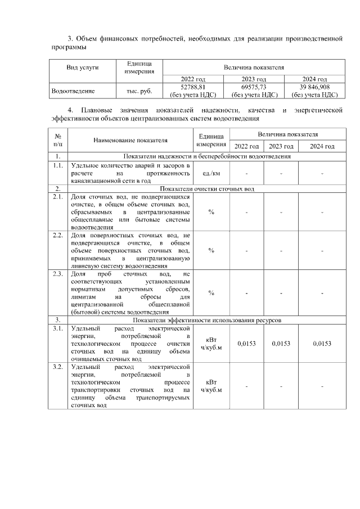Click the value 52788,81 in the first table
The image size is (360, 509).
(x=193, y=87)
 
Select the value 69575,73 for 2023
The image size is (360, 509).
(x=254, y=87)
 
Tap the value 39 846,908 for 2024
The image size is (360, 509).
(x=314, y=87)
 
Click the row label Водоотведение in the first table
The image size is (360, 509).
(x=73, y=90)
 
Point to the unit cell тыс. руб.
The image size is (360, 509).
(x=138, y=90)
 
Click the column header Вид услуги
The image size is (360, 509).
(x=83, y=67)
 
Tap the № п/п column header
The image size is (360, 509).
(x=58, y=140)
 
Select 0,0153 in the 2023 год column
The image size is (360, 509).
(x=281, y=343)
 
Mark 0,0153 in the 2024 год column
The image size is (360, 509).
(x=322, y=343)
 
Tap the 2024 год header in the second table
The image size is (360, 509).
(x=322, y=146)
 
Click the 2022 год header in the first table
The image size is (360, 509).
(x=193, y=79)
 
